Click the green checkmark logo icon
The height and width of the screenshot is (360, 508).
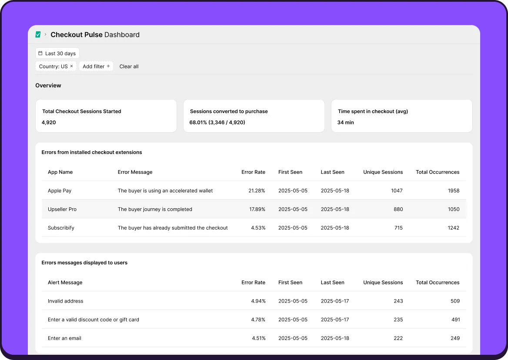point(38,34)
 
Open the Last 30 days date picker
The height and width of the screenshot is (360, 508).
point(57,53)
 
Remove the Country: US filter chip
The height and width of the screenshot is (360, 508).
point(72,66)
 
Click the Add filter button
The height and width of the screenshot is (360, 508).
point(96,67)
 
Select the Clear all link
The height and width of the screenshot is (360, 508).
point(129,67)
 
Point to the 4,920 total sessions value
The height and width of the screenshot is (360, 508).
point(49,123)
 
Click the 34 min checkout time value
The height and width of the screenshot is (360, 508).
point(346,123)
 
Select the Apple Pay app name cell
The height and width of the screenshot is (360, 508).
point(60,191)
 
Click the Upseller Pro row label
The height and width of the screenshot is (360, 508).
point(62,209)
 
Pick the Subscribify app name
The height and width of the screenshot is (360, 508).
point(61,228)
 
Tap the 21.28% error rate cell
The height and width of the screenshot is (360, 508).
point(257,191)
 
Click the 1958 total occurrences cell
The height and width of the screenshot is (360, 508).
point(454,191)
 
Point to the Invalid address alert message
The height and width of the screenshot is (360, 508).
point(66,301)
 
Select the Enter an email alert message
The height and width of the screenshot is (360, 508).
point(64,338)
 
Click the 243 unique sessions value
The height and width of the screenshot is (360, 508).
point(398,301)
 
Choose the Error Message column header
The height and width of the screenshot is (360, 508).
point(135,172)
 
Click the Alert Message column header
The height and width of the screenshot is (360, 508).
point(65,283)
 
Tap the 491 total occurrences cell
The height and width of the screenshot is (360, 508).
point(455,320)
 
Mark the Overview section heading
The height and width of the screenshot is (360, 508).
point(48,86)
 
